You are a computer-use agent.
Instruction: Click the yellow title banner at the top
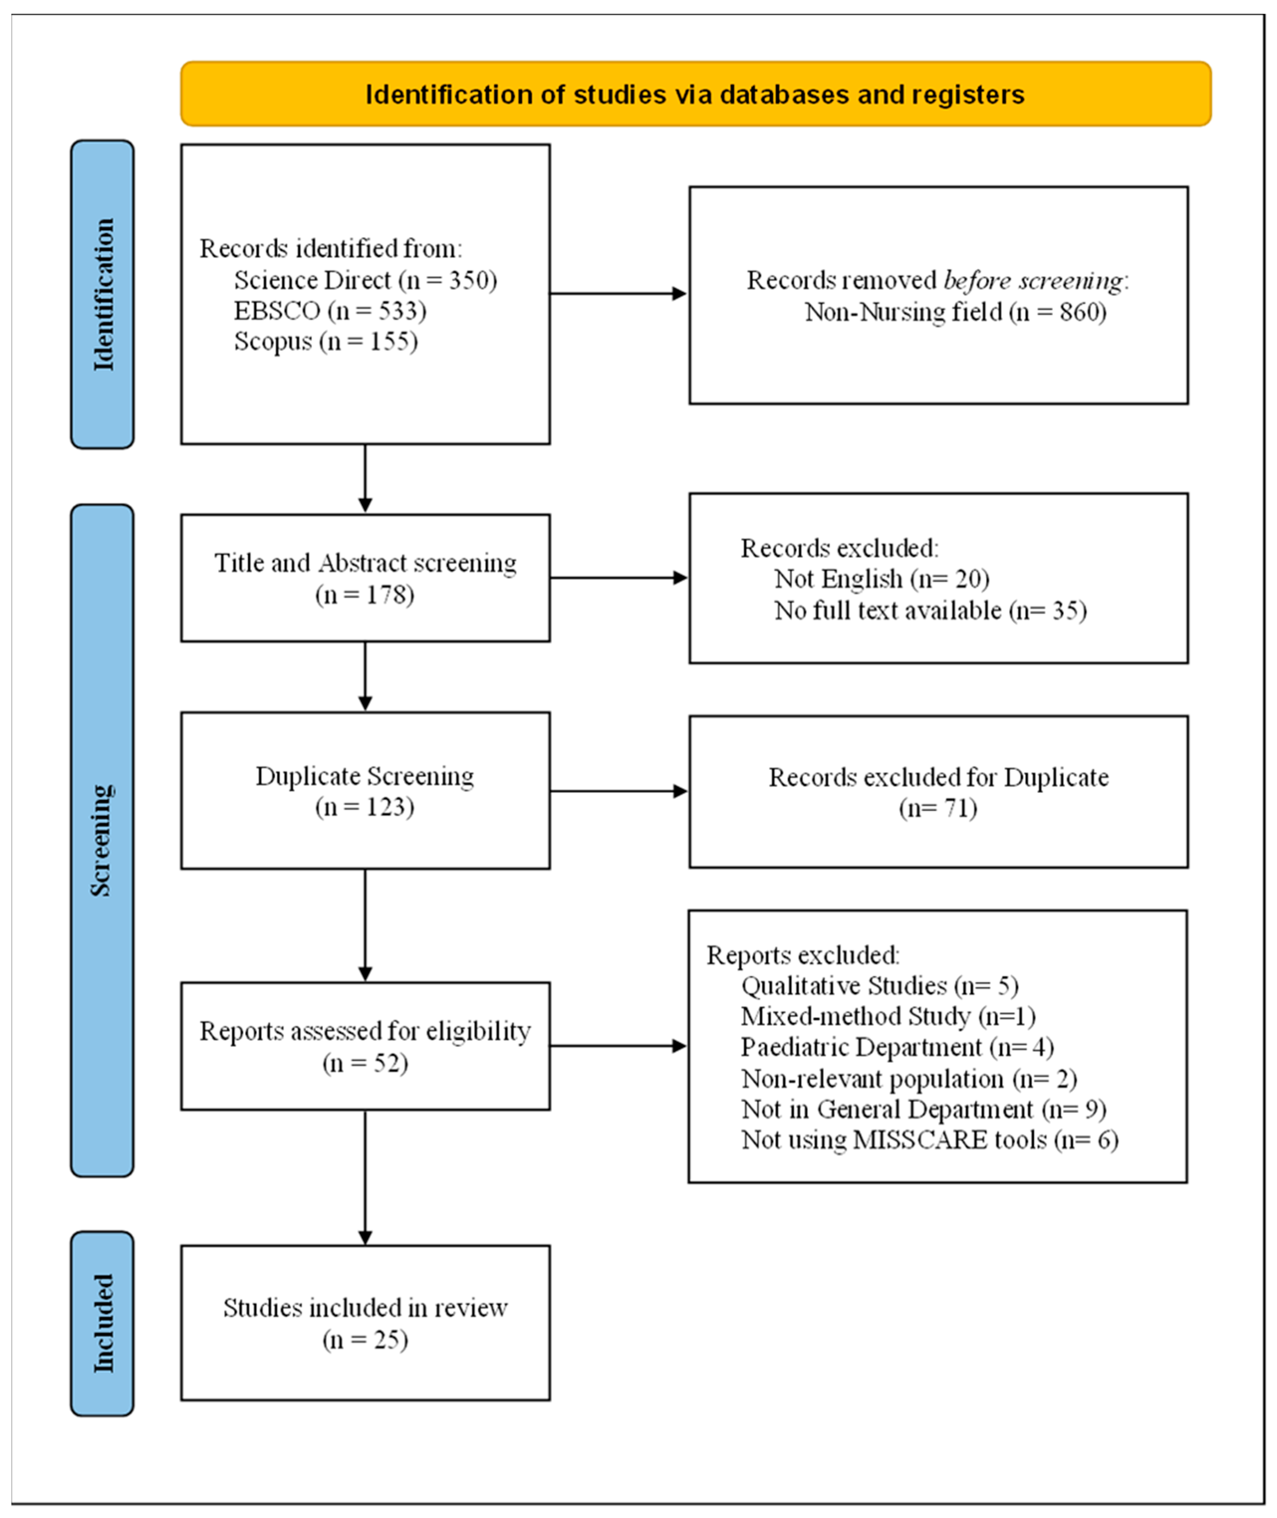(696, 93)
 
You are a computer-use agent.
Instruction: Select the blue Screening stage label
(102, 840)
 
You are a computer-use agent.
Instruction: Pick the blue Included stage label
(102, 1324)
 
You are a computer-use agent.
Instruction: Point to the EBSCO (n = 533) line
(330, 310)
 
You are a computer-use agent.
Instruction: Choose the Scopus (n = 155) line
(326, 341)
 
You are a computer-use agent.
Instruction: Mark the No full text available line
(930, 610)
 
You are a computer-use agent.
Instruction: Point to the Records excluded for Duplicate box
(938, 791)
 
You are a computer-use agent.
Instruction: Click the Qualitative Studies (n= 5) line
(880, 985)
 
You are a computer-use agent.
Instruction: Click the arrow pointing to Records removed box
(619, 293)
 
